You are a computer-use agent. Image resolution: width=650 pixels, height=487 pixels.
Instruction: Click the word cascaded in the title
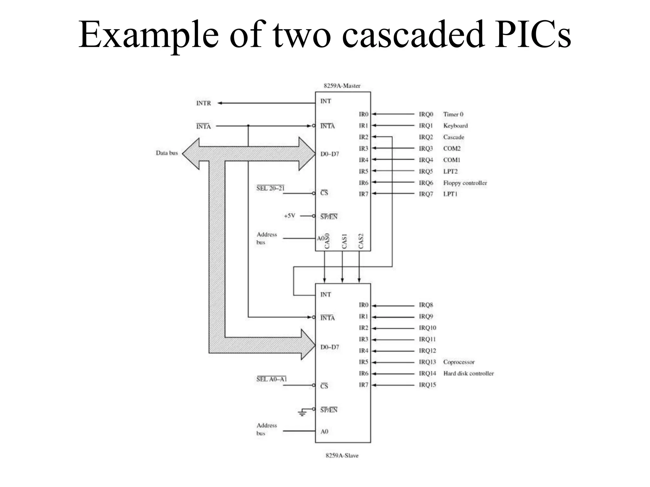click(413, 35)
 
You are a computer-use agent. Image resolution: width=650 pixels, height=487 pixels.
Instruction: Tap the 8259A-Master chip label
click(342, 86)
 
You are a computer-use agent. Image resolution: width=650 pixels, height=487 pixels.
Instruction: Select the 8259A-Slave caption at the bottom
click(342, 456)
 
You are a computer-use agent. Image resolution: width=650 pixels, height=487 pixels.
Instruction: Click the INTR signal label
click(203, 103)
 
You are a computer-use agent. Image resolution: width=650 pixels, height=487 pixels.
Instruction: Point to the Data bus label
click(167, 153)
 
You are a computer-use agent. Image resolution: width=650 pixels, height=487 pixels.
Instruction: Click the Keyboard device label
click(455, 126)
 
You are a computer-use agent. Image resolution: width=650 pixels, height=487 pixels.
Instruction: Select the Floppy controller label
click(465, 183)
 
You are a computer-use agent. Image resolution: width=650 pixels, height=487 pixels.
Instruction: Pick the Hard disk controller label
click(468, 373)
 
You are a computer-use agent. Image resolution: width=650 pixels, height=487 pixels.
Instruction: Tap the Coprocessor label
click(459, 362)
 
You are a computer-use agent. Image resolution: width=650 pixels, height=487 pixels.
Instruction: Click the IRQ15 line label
click(428, 385)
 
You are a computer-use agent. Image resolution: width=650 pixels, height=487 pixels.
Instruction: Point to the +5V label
click(289, 216)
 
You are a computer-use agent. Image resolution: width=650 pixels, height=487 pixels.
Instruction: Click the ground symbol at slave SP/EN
click(302, 412)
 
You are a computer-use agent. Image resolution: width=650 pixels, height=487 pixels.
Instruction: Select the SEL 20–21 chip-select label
click(270, 188)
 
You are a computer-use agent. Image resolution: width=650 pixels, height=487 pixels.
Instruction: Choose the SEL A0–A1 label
click(271, 379)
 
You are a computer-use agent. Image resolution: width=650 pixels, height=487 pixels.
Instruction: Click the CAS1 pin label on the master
click(344, 241)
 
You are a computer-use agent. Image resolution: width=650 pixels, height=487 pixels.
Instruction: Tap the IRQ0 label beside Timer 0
click(426, 114)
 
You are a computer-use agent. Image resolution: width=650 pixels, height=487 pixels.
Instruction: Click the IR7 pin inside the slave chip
click(363, 385)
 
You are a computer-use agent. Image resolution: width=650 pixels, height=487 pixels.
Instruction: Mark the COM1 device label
click(452, 160)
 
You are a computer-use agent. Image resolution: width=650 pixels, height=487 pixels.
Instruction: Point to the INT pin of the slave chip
click(326, 295)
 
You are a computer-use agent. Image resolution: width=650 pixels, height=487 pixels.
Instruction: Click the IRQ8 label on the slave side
click(426, 305)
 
